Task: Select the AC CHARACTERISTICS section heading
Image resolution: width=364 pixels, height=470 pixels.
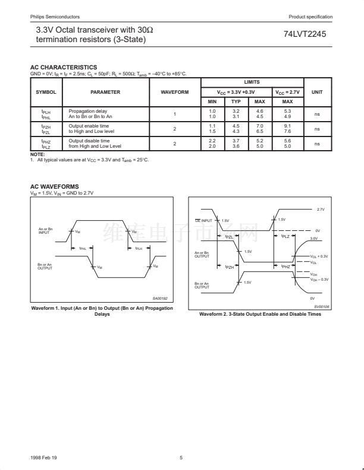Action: pos(63,67)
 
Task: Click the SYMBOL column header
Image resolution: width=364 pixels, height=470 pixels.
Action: pos(46,92)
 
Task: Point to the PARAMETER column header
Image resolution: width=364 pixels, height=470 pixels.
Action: pos(105,92)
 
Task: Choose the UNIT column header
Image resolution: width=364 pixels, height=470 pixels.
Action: pos(317,92)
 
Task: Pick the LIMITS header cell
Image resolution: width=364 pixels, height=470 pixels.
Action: pos(252,82)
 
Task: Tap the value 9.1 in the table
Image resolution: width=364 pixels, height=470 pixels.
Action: pos(288,126)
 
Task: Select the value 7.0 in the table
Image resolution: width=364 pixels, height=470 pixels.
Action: pos(259,126)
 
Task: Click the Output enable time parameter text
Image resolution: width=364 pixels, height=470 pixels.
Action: pos(89,126)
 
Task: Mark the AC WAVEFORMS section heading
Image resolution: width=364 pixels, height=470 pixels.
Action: pos(54,186)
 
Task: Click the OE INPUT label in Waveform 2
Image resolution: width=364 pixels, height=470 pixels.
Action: pos(204,221)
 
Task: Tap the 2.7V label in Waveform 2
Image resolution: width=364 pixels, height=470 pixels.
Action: pos(321,209)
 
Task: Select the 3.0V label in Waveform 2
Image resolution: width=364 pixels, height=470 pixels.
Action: pos(315,238)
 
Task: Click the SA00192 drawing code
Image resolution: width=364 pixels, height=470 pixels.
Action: pos(160,298)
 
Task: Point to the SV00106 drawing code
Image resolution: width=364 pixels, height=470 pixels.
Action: pos(322,306)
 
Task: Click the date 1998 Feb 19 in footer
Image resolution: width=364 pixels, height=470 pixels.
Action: pos(41,457)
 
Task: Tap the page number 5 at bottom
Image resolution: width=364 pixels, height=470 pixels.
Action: pos(181,457)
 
